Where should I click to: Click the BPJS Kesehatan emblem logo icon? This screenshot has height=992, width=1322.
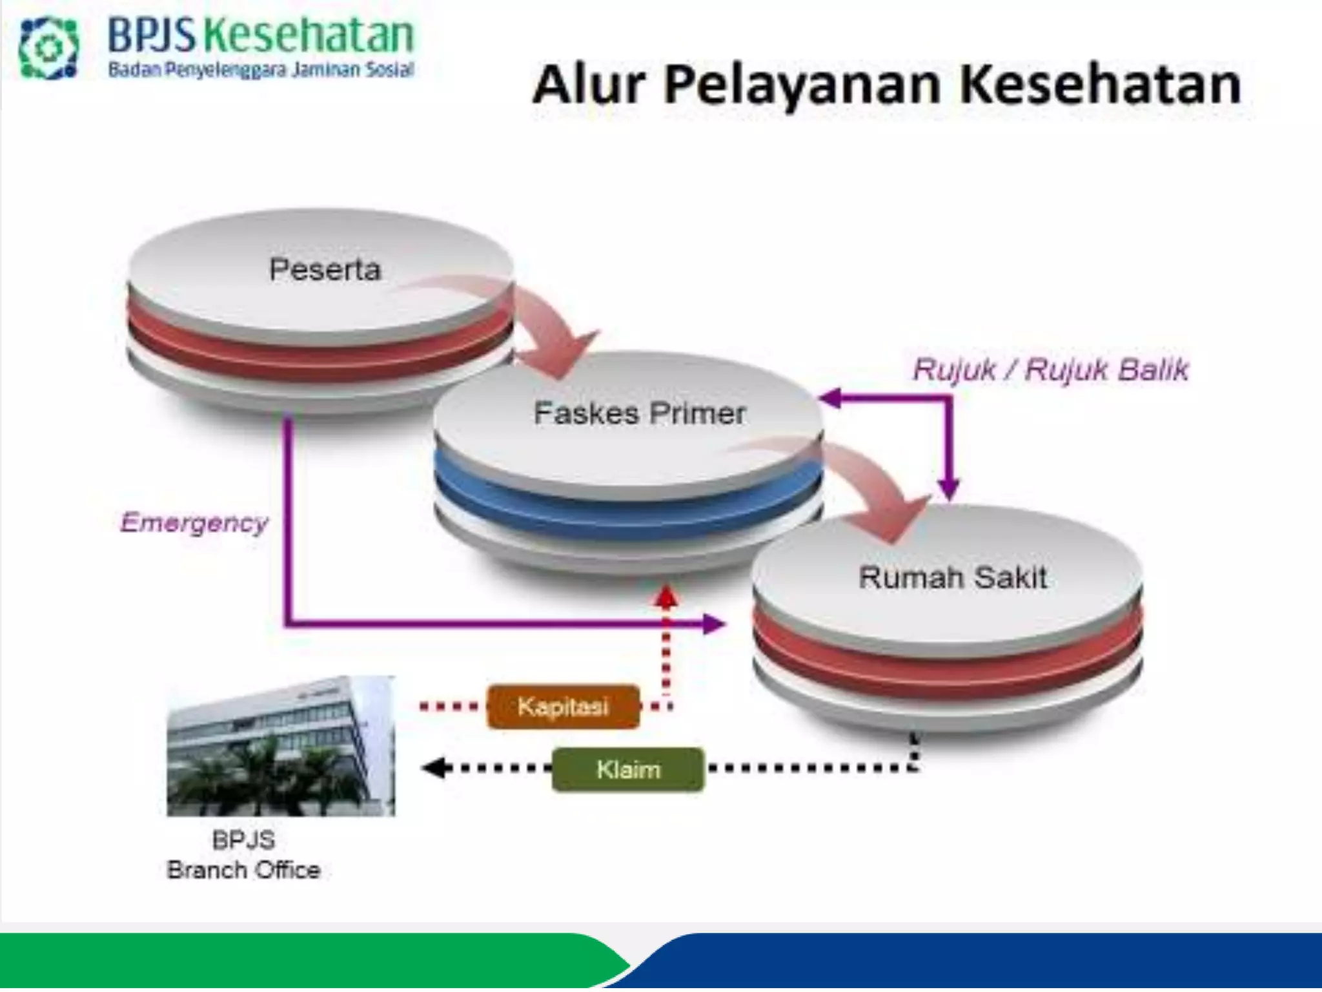pos(48,48)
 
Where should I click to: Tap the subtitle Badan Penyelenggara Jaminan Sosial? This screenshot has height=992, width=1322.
pos(261,70)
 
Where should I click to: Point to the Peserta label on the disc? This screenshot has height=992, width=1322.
pos(325,269)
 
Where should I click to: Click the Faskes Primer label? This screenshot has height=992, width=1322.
pos(640,413)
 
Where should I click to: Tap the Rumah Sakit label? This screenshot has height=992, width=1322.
pos(953,577)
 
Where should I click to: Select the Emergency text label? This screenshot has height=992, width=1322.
pos(194,522)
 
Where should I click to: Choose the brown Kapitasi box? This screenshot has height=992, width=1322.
pos(563,707)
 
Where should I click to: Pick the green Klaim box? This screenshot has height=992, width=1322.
pos(628,769)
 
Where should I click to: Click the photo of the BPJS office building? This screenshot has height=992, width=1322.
pos(281,746)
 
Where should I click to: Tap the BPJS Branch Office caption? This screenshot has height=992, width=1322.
pos(243,855)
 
